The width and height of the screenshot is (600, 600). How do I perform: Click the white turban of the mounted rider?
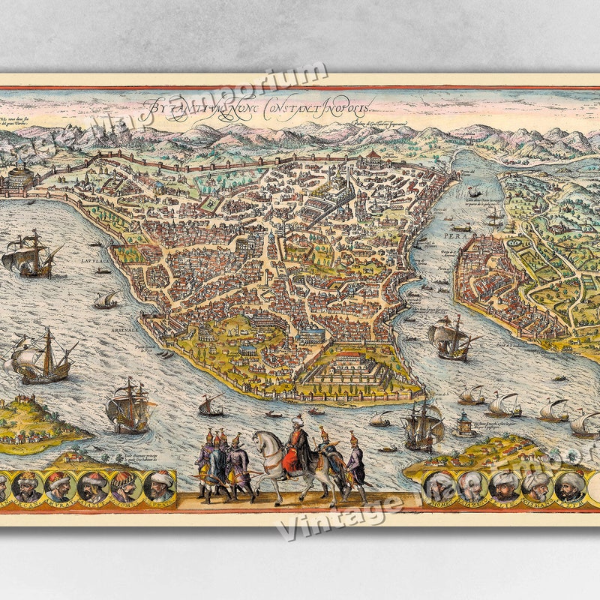pos(298,421)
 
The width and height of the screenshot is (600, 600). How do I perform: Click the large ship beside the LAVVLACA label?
pos(30,253)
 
